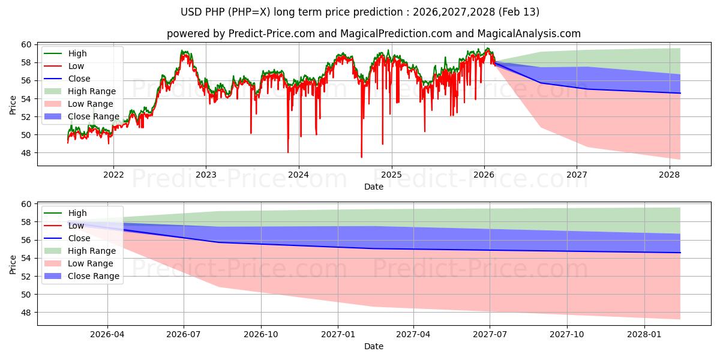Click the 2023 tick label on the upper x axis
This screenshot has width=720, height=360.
pos(206,175)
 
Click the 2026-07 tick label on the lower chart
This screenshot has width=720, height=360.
pos(184,334)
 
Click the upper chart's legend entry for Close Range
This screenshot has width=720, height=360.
pos(93,116)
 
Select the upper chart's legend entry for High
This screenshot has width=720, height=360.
pos(77,53)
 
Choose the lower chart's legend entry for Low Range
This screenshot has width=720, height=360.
pos(91,263)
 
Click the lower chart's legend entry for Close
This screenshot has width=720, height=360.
pos(79,238)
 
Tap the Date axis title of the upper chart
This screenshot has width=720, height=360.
pos(373,187)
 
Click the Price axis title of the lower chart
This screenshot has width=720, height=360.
pos(13,264)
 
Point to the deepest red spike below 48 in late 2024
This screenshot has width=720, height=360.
pos(361,157)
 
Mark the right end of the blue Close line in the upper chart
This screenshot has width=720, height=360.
pos(680,93)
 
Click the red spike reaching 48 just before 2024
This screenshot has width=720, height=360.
pos(288,152)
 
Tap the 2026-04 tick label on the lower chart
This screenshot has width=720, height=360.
pos(107,334)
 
